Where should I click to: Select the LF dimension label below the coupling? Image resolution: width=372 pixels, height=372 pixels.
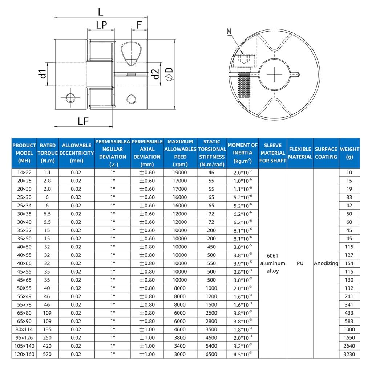(x=83, y=121)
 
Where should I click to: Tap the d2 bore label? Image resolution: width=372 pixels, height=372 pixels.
(x=155, y=74)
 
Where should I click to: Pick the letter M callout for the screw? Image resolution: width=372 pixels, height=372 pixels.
(x=229, y=32)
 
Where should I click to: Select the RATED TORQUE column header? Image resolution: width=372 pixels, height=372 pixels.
(x=48, y=153)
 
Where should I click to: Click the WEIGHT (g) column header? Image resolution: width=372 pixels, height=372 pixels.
(x=349, y=153)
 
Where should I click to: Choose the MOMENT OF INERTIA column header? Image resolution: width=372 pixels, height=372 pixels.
(x=242, y=153)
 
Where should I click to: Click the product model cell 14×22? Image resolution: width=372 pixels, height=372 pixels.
(x=24, y=173)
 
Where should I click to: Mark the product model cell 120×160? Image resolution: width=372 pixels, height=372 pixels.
(x=24, y=354)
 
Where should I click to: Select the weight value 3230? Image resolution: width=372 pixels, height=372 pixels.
(x=349, y=354)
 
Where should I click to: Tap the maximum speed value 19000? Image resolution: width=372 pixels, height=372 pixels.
(x=180, y=173)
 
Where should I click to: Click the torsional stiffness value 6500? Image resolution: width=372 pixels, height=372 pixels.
(x=212, y=354)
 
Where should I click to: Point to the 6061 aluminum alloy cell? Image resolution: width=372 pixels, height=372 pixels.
(x=272, y=263)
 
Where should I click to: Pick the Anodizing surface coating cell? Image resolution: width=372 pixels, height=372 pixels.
(x=326, y=263)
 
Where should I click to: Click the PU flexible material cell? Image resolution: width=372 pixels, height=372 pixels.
(x=300, y=263)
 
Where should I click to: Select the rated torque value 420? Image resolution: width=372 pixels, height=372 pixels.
(x=48, y=346)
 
